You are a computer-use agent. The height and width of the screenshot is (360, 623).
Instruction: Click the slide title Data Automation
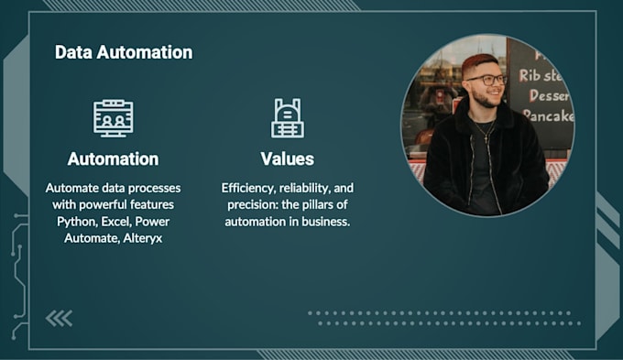(124, 52)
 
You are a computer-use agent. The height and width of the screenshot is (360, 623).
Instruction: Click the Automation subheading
(113, 158)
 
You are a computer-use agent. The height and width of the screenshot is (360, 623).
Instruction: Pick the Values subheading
(287, 158)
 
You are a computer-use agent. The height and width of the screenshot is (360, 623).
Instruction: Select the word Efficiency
(250, 188)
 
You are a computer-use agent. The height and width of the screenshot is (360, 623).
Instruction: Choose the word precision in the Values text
(246, 204)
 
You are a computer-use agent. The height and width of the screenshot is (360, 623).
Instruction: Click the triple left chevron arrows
(59, 318)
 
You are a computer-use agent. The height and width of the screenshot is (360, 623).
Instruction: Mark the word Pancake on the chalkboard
(547, 116)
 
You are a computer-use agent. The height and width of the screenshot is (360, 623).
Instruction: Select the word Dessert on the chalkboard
(546, 95)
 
